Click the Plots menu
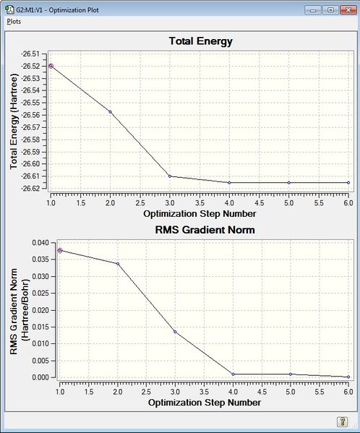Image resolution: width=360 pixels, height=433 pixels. pyautogui.click(x=14, y=22)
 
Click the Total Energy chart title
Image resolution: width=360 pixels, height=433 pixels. pyautogui.click(x=200, y=41)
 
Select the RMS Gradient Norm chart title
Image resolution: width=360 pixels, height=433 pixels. pyautogui.click(x=200, y=230)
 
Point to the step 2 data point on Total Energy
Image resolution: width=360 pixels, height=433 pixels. pyautogui.click(x=111, y=111)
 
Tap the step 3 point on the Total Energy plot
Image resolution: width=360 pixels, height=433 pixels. pyautogui.click(x=170, y=176)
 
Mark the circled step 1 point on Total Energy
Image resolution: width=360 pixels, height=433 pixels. pyautogui.click(x=51, y=66)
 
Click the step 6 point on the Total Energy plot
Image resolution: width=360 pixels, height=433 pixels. pyautogui.click(x=348, y=183)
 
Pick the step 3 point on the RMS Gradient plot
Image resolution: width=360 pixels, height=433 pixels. pyautogui.click(x=175, y=332)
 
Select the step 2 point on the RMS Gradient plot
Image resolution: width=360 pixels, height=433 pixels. pyautogui.click(x=117, y=264)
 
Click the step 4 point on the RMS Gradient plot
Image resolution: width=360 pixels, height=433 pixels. pyautogui.click(x=233, y=374)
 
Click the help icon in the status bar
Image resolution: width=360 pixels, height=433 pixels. pyautogui.click(x=343, y=421)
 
